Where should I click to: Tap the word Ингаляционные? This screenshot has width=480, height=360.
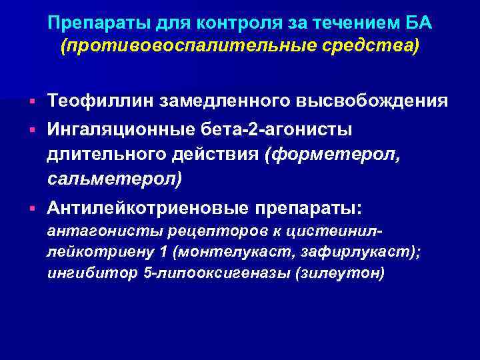(119, 128)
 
